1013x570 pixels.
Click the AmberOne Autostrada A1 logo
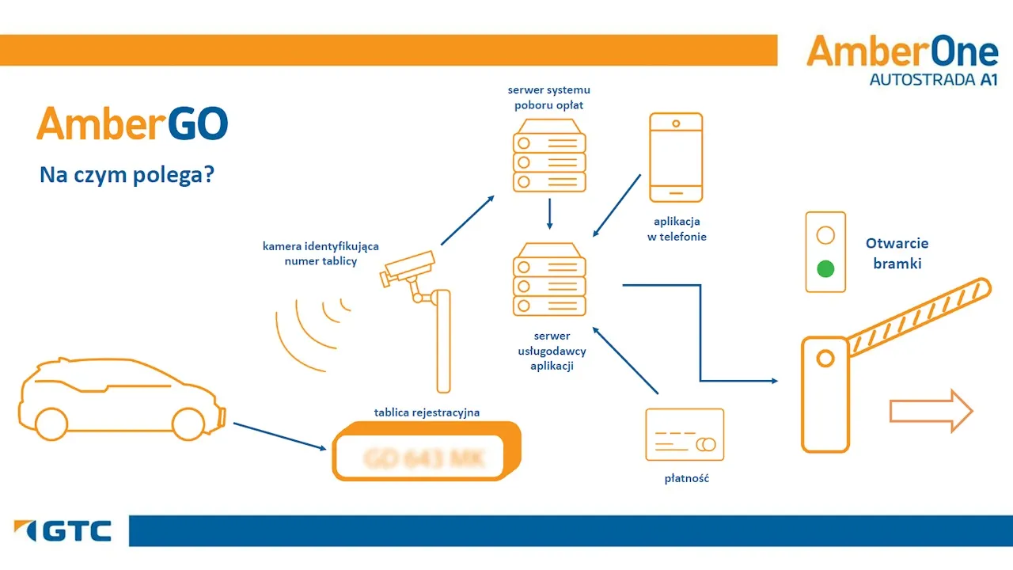coord(902,59)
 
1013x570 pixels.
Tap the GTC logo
coord(63,531)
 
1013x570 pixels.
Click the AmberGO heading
coord(132,124)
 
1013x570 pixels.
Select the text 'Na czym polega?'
coord(127,175)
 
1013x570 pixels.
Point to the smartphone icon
coord(676,158)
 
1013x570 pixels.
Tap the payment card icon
coord(685,434)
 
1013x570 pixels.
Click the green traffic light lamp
coord(825,268)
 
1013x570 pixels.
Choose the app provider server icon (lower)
coord(549,279)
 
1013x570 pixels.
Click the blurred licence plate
coord(425,457)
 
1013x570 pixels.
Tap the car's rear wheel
coord(51,423)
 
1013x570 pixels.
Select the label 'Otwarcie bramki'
coord(897,253)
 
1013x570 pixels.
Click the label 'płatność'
coord(686,478)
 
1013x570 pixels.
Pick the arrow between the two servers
coord(549,214)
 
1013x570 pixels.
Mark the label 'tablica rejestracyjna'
coord(427,412)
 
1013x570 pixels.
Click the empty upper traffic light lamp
coord(825,235)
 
